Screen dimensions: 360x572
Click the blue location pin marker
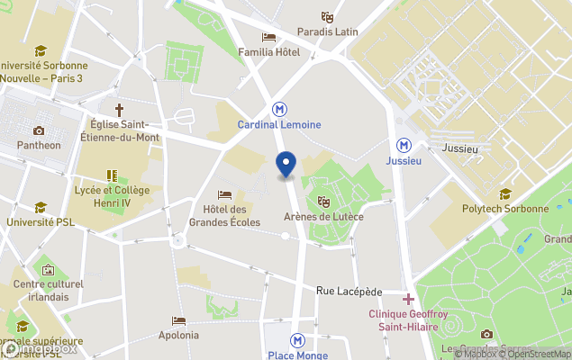(286, 165)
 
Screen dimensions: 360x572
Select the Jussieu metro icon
(404, 144)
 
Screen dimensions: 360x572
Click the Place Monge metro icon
(296, 340)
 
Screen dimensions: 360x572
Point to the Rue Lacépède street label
(350, 292)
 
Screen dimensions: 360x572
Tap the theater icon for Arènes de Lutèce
(323, 201)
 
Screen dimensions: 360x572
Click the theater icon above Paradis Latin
(328, 16)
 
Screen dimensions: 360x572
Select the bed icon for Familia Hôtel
(268, 37)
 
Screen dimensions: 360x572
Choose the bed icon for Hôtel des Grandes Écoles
(225, 195)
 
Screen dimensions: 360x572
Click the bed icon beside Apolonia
(178, 320)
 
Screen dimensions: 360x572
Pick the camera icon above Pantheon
(39, 130)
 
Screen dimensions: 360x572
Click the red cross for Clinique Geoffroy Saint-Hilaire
(408, 299)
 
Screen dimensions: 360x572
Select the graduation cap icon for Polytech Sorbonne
(504, 193)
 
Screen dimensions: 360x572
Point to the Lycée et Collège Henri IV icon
(112, 176)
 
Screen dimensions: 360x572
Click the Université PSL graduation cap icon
(41, 207)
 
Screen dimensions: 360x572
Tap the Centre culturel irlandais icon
(48, 270)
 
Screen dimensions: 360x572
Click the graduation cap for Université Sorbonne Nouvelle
(40, 50)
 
